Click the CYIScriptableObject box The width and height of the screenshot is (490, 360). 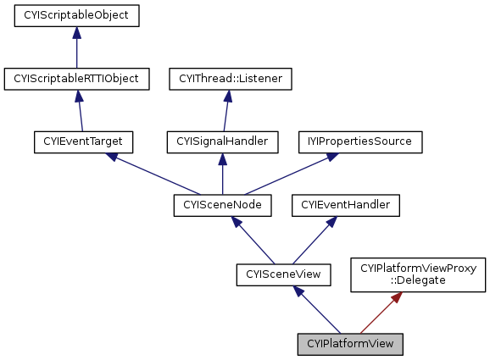[x=76, y=15]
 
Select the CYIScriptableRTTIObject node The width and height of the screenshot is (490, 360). [x=76, y=79]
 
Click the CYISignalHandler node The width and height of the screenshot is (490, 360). [x=222, y=141]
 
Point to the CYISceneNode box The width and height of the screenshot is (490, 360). [x=222, y=204]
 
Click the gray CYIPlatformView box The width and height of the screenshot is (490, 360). [x=350, y=344]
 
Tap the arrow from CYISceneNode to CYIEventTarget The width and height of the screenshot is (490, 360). [x=153, y=173]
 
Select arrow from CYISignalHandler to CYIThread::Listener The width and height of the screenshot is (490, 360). [x=226, y=110]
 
